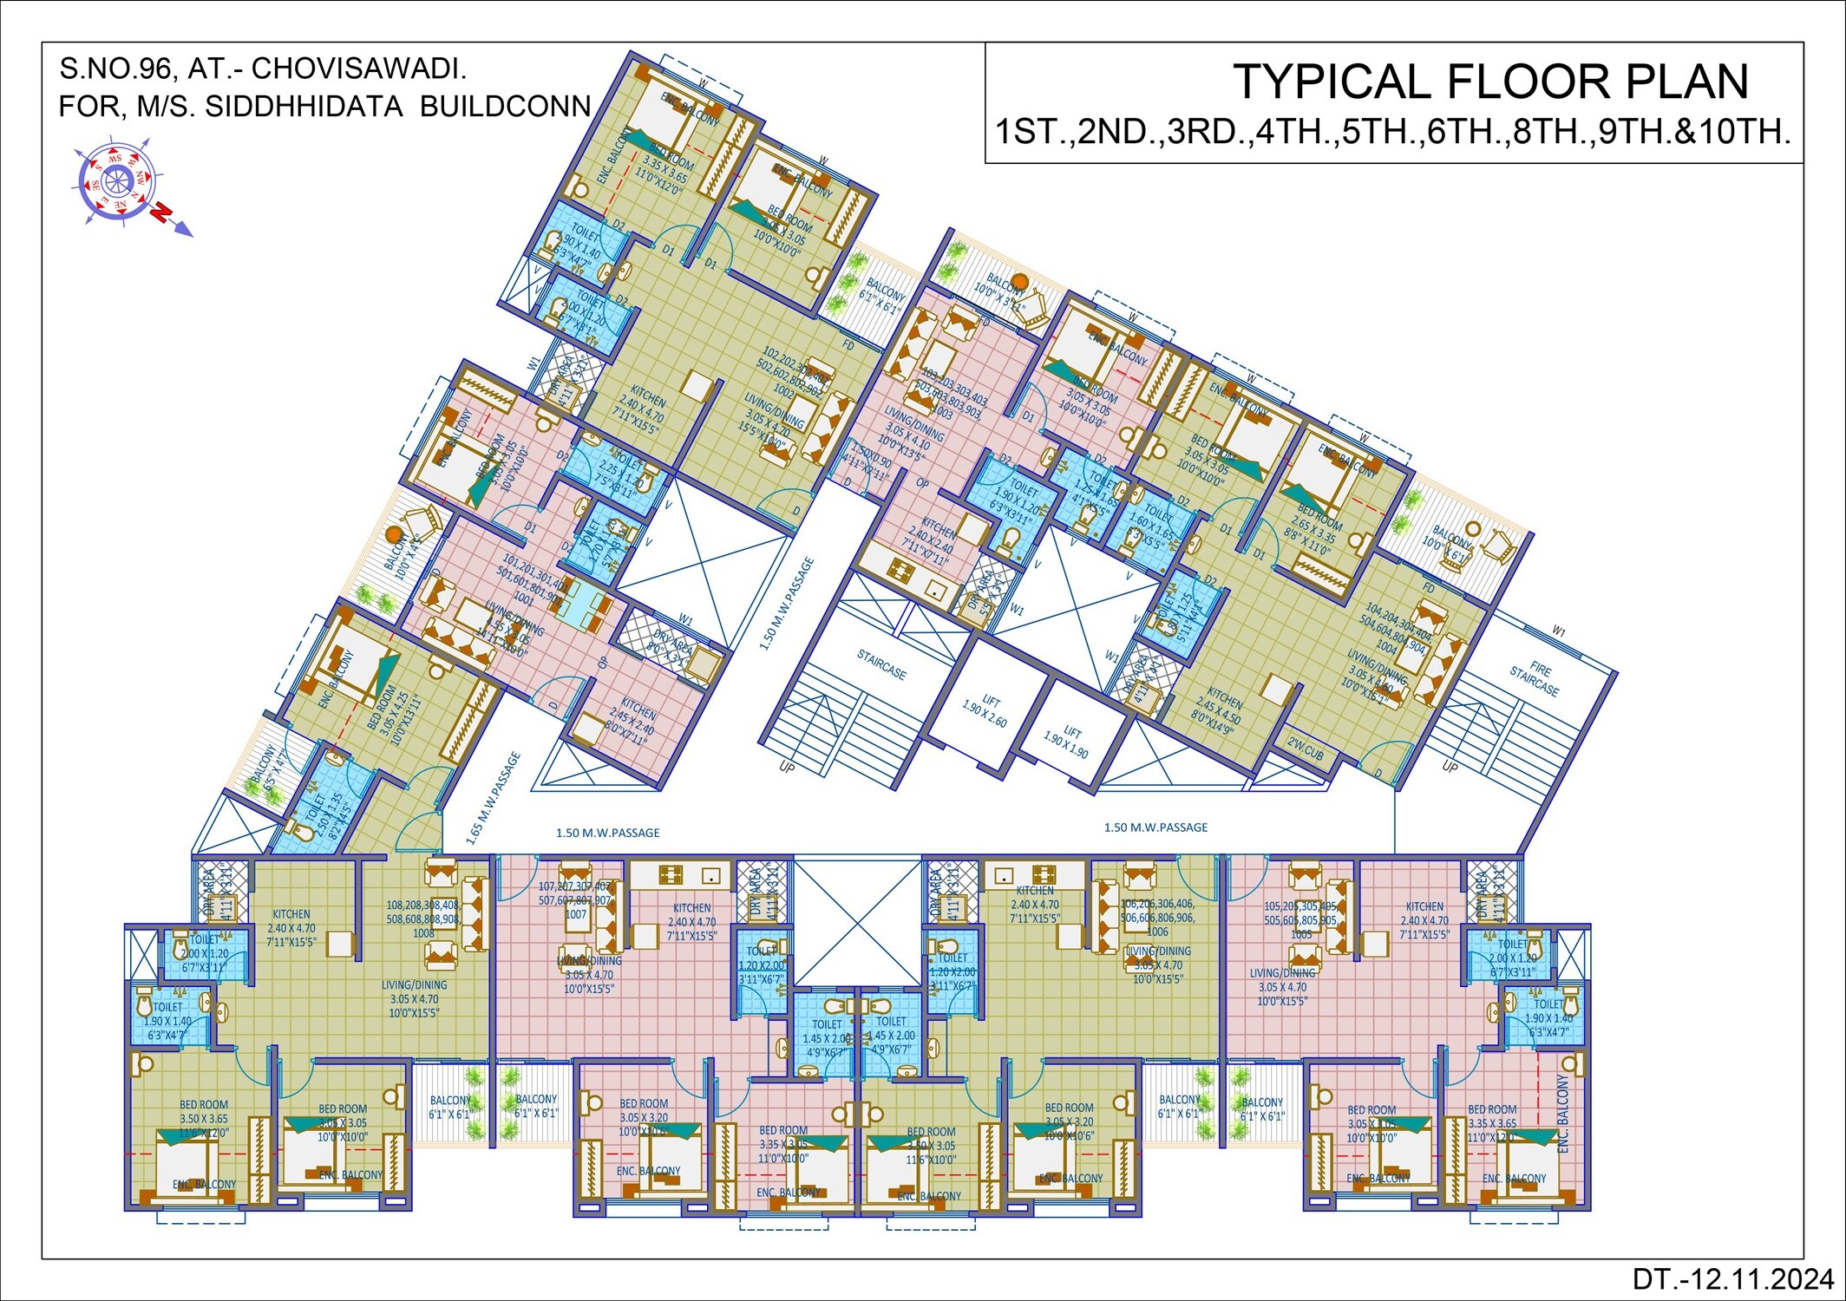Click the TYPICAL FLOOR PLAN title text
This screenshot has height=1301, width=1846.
pos(1490,82)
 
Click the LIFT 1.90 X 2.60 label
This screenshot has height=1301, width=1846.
pos(985,708)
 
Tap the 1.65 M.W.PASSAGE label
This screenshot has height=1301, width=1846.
pos(494,798)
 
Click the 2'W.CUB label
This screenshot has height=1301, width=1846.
pos(1305,749)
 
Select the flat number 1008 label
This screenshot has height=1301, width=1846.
pos(423,933)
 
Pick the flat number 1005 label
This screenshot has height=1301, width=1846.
pos(1301,934)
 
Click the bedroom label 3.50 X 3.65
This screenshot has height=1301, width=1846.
pos(204,1119)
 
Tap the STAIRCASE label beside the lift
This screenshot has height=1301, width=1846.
pos(881,666)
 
